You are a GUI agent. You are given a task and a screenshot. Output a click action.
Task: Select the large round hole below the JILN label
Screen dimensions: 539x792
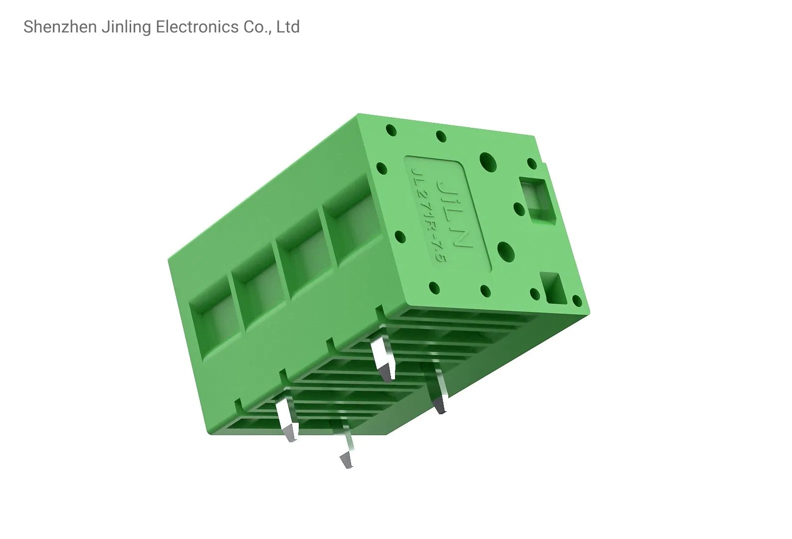pos(505,250)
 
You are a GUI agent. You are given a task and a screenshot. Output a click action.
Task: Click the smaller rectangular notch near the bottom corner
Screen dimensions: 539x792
pos(555,288)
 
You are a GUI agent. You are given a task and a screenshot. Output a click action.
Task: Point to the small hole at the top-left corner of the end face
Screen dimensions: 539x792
pos(392,131)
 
